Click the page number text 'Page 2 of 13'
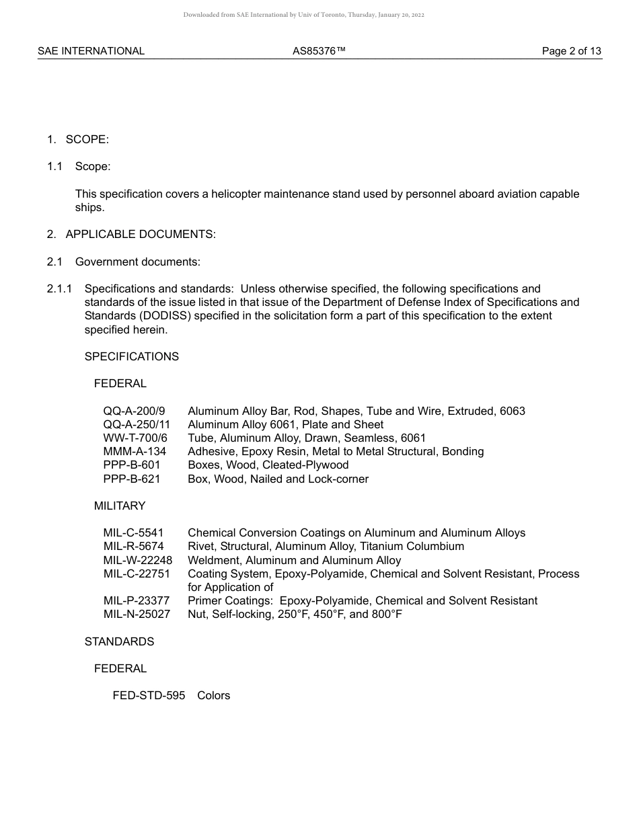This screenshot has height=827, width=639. coord(571,51)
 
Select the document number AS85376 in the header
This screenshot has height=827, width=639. coord(319,51)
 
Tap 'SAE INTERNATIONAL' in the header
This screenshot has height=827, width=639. coord(91,51)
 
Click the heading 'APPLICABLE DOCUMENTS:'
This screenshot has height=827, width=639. coord(141,235)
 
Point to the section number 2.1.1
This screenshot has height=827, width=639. coord(60,289)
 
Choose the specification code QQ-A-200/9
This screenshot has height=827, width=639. coord(134,411)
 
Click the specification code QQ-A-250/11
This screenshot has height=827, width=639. coord(137,424)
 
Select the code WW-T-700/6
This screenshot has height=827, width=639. coord(135,438)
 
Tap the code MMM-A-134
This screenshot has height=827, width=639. coord(135,451)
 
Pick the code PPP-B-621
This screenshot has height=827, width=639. coord(132,479)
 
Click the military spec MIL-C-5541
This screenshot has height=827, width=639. coord(133,533)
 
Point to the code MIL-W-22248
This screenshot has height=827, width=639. coord(138,560)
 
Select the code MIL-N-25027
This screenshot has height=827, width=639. coord(137,614)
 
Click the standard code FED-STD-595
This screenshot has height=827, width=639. coord(149,695)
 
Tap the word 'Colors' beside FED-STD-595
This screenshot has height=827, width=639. coord(213,695)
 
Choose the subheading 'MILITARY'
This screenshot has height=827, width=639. coord(120,506)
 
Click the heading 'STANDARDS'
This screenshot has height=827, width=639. coord(119,641)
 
